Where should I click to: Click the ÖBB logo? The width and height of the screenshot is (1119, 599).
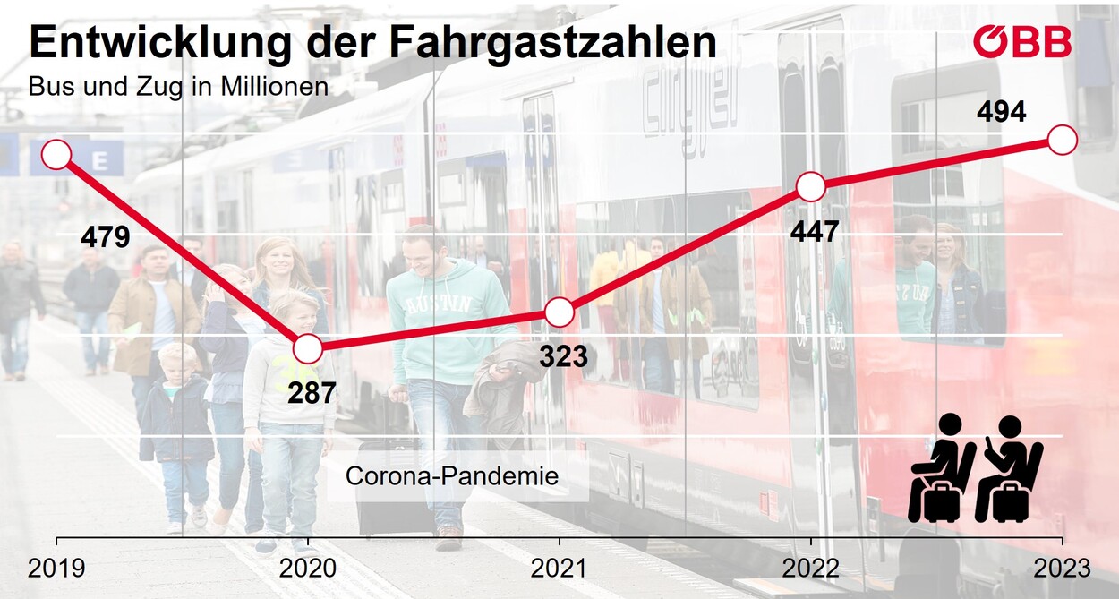tap(1022, 41)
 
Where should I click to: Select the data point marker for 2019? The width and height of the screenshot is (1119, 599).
tap(56, 154)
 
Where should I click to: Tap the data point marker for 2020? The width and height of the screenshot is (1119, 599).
tap(307, 348)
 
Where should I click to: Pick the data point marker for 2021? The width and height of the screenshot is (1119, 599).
tap(559, 312)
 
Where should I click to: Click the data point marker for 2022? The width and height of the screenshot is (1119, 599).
tap(810, 187)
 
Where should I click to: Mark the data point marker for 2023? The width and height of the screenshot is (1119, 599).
tap(1062, 141)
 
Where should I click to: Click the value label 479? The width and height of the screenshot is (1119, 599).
tap(106, 237)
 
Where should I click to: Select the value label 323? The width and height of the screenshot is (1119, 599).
tap(563, 356)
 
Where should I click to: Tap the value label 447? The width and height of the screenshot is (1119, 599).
tap(815, 232)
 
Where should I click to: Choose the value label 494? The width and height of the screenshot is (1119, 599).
tap(1001, 113)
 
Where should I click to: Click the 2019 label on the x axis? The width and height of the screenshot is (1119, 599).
tap(56, 569)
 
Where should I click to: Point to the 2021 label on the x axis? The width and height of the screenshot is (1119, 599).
tap(559, 569)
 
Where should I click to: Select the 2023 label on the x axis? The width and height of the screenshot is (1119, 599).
tap(1062, 569)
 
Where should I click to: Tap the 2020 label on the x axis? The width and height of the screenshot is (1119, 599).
tap(308, 569)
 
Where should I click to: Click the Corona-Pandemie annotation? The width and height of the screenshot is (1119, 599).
tap(452, 475)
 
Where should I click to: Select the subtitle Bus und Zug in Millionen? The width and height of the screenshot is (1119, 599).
tap(178, 88)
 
